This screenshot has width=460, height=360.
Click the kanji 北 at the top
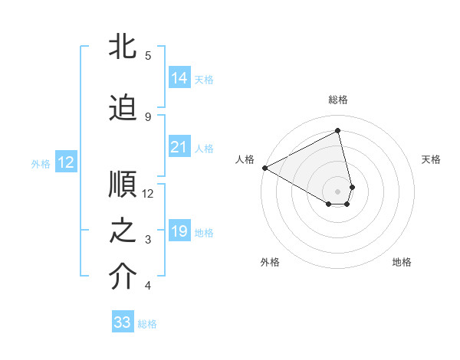pos(123,46)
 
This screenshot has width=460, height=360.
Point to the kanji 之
pos(123,231)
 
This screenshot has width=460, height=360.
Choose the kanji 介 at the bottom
pos(123,277)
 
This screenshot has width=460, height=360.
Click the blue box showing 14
pos(179,77)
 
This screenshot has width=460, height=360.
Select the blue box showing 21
pos(179,147)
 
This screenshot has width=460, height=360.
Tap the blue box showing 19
pos(179,231)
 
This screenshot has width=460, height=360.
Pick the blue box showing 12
pos(65,162)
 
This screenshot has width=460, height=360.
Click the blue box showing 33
pos(123,322)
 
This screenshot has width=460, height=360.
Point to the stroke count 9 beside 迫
pos(147,116)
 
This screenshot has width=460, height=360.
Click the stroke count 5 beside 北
pos(147,55)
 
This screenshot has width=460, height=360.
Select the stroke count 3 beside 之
pos(147,240)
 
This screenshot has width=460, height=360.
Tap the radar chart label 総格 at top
pos(338,100)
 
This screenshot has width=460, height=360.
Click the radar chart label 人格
pos(245,159)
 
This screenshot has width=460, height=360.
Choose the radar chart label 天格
pos(431,159)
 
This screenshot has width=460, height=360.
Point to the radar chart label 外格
pos(270,262)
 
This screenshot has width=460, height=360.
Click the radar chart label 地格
pos(402,262)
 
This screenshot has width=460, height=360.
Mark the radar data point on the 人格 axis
pos(264,167)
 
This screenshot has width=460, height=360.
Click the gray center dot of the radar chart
pos(337,191)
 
